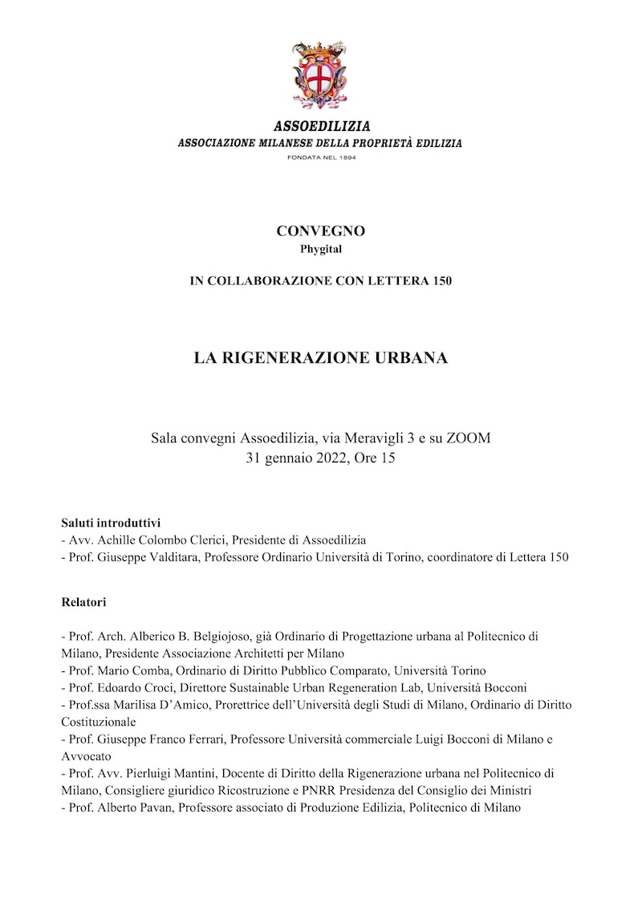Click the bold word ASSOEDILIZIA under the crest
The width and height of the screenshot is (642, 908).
point(322,127)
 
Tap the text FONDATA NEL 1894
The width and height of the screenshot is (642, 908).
point(321,157)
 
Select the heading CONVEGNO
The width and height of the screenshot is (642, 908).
point(321,231)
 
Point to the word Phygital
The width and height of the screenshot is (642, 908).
point(321,249)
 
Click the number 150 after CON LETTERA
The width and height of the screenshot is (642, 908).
point(440,281)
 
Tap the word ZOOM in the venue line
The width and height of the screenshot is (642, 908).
point(468,438)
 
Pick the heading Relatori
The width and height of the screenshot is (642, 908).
point(84,601)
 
